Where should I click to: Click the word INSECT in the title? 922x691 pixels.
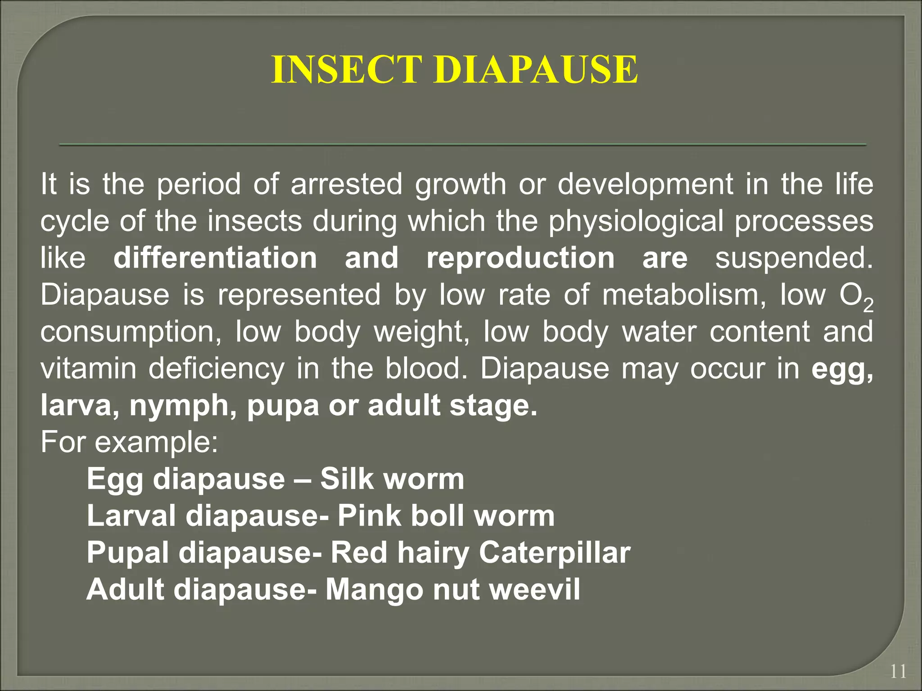click(x=347, y=70)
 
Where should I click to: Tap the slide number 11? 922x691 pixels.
click(x=898, y=672)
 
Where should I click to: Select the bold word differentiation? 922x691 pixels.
click(x=215, y=258)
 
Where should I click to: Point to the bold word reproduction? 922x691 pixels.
click(x=520, y=258)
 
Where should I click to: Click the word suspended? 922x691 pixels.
click(x=794, y=258)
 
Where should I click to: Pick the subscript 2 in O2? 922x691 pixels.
click(x=868, y=306)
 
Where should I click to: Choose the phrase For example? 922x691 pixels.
click(x=130, y=443)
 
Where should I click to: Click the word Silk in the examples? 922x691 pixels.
click(x=346, y=479)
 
